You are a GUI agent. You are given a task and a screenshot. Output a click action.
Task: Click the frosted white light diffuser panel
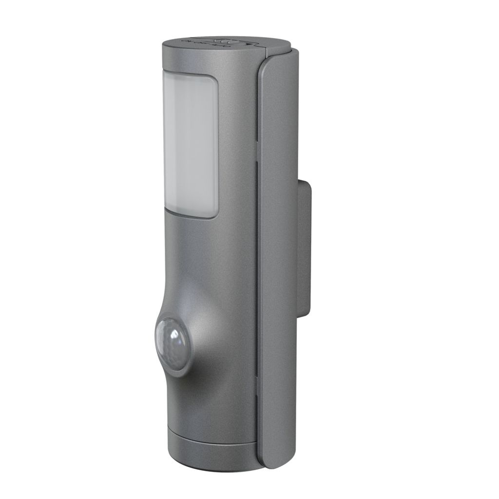click(190, 146)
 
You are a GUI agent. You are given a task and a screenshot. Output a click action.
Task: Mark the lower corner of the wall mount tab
click(307, 314)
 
